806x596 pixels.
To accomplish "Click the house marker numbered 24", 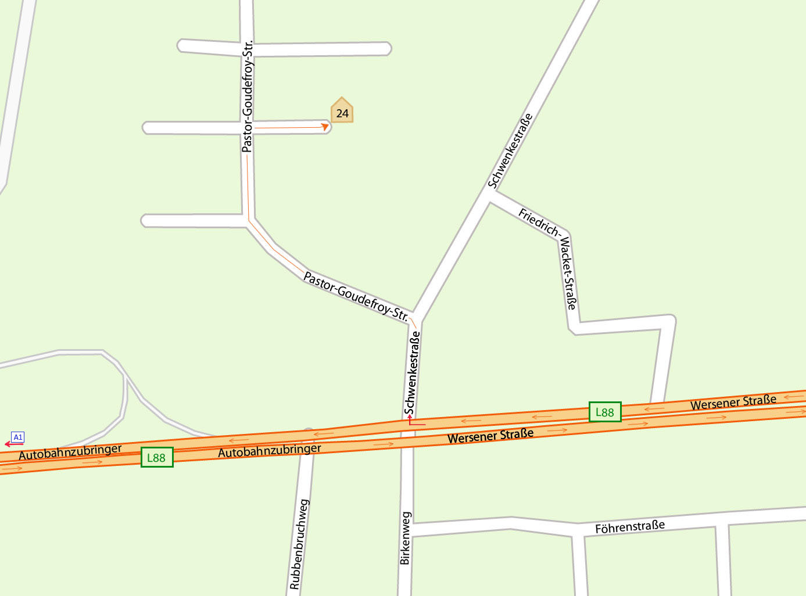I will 342,112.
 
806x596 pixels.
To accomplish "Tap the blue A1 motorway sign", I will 18,437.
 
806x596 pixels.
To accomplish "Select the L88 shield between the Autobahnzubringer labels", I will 157,457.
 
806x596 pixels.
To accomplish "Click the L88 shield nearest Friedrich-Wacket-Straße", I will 605,412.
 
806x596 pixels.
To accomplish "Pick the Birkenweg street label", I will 405,538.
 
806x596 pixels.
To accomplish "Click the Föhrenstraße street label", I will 630,527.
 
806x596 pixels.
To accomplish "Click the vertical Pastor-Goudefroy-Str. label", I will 248,96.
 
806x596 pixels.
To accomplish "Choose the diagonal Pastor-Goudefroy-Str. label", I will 356,296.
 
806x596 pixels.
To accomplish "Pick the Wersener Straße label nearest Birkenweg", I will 490,436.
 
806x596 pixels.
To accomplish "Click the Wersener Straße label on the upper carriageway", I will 733,402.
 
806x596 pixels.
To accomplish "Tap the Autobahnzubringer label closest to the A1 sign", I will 70,451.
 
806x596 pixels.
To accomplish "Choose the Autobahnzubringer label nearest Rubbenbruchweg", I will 269,450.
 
